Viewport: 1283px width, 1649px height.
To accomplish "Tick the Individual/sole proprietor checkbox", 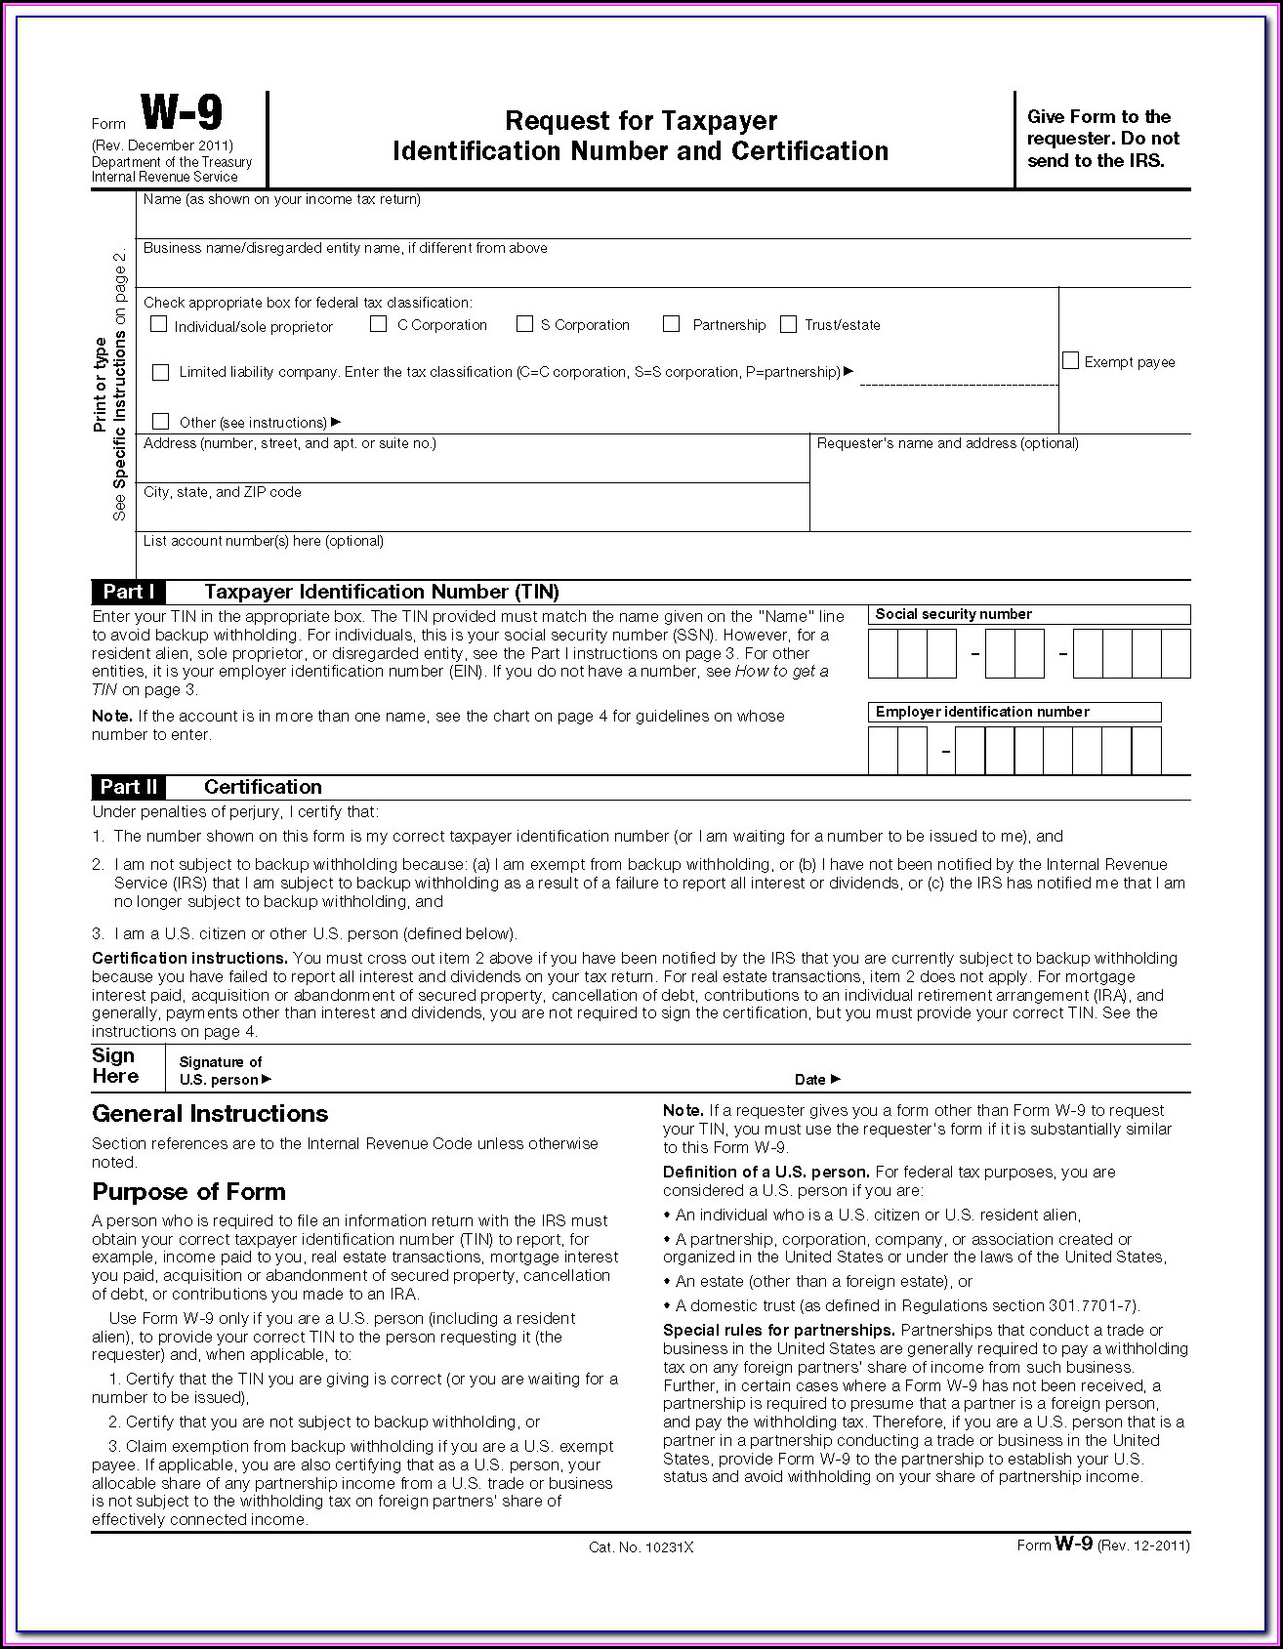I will click(159, 324).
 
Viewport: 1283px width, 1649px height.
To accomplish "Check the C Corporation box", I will click(379, 323).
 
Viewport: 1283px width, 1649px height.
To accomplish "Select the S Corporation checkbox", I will click(525, 323).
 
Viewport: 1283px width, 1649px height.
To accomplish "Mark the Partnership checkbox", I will click(671, 323).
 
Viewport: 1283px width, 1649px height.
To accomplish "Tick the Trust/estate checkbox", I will click(788, 324).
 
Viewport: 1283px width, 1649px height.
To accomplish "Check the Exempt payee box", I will click(1071, 361).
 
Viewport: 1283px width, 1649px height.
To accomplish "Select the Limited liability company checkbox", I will click(161, 372).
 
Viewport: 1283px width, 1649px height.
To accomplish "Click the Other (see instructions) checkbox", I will click(161, 422).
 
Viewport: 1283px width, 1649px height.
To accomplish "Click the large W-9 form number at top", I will click(182, 114).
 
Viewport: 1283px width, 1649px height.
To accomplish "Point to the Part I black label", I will click(129, 592).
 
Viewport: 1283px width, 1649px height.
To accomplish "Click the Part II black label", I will click(129, 787).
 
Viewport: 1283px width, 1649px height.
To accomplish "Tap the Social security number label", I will click(953, 614).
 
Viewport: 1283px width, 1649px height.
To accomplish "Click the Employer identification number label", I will click(981, 712).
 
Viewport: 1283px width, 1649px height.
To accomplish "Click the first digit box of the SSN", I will click(883, 654).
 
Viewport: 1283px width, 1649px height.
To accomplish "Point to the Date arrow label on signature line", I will click(816, 1079).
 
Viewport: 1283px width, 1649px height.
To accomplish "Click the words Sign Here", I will click(115, 1066).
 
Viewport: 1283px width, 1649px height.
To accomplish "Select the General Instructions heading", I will click(210, 1114).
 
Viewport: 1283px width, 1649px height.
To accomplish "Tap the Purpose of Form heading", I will click(188, 1192).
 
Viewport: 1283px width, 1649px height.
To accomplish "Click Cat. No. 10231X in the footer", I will click(641, 1547).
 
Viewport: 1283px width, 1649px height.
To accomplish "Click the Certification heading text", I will click(263, 787).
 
